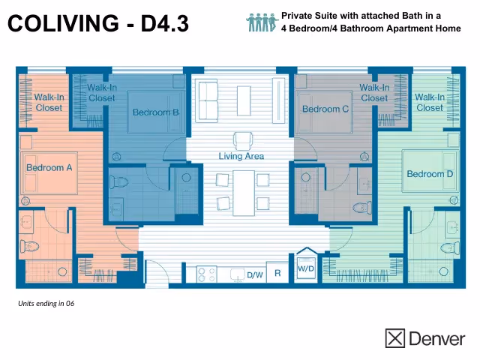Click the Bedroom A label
[x=49, y=167]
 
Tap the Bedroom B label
[x=155, y=112]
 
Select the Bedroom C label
[x=325, y=109]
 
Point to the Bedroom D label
[x=430, y=174]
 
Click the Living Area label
[x=241, y=156]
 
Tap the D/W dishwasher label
[x=255, y=275]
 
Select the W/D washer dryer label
[x=306, y=268]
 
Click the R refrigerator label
[x=277, y=274]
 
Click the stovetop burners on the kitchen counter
[x=205, y=274]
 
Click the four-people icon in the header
[x=262, y=22]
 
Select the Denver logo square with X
[x=394, y=338]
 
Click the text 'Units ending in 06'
[x=46, y=304]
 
